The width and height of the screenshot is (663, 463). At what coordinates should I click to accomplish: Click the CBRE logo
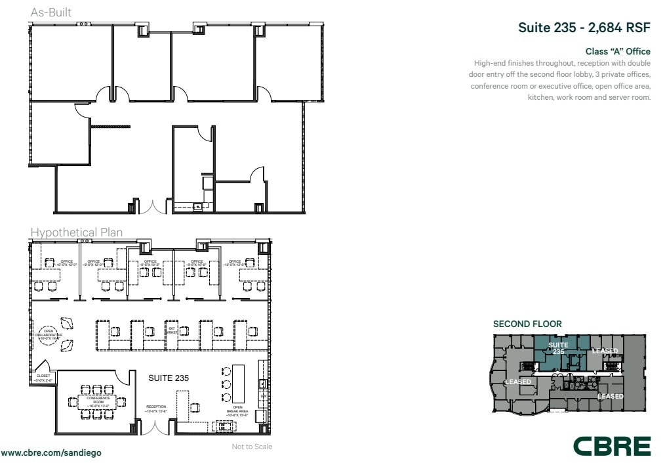point(612,445)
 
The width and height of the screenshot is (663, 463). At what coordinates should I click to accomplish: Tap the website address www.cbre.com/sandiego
point(51,453)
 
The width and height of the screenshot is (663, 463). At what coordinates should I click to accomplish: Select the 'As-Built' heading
point(51,12)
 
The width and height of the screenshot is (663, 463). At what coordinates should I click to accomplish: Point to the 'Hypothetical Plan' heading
point(76,232)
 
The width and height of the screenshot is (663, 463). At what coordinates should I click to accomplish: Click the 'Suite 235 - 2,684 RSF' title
point(584,28)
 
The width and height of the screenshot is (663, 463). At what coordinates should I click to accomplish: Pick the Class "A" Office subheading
point(618,51)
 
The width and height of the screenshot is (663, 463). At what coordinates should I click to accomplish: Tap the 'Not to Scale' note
point(252,447)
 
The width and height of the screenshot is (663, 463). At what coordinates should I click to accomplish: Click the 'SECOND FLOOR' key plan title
point(527,324)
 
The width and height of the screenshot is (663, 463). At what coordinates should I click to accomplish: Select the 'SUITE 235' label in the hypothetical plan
point(169,378)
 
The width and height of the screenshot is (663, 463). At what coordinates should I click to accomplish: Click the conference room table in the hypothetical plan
point(98,399)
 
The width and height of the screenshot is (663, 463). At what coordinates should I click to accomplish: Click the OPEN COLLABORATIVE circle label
point(49,334)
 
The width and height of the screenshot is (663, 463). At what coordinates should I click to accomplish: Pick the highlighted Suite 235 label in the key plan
point(558,348)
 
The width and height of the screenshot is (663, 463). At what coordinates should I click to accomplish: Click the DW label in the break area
point(263,396)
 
